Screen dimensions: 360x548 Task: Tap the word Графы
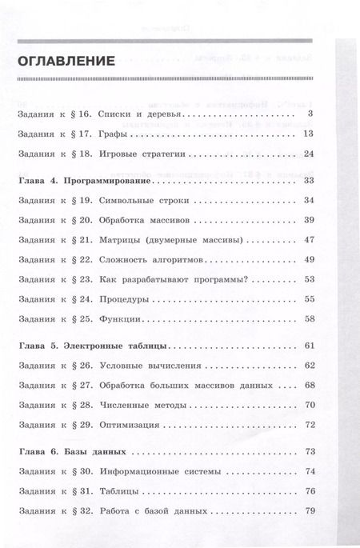tap(118, 134)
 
